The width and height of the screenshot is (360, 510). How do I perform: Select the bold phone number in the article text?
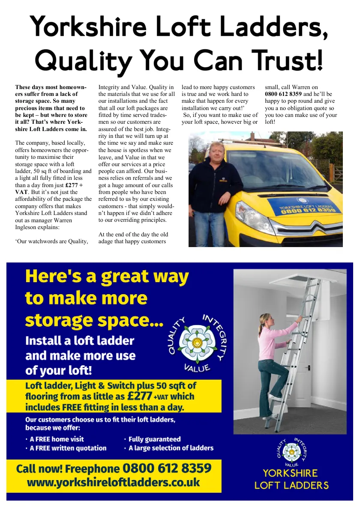[283, 94]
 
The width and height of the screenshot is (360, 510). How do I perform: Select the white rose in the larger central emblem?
[198, 342]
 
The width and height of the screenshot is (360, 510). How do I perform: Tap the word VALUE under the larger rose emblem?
[197, 368]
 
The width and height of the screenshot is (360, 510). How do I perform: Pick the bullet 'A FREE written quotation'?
[68, 448]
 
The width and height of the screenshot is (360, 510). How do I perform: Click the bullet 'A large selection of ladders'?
[171, 448]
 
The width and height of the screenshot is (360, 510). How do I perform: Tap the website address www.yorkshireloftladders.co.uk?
[114, 483]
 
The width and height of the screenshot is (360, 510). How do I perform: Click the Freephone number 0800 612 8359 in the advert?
[167, 468]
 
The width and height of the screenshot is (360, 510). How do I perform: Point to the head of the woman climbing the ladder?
[264, 319]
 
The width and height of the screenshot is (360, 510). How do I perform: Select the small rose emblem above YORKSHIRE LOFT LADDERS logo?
[291, 451]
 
